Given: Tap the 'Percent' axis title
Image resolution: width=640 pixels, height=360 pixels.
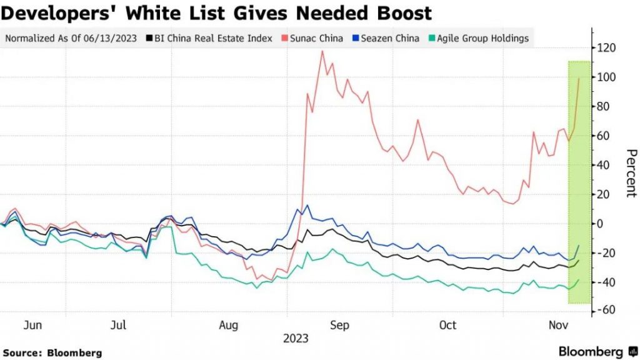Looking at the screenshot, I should tap(631, 173).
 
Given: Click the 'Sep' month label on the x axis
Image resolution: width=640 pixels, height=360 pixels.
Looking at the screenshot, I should tap(339, 326).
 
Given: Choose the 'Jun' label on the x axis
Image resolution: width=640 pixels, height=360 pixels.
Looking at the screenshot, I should tap(32, 326).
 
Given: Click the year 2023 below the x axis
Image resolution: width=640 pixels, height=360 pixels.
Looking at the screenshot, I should tap(296, 338).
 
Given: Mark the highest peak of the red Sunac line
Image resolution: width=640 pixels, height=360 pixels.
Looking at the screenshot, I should tap(322, 51).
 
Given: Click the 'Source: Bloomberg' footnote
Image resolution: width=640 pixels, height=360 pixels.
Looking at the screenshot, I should tap(52, 353).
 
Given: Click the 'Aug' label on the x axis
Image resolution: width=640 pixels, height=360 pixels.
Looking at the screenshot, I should tap(230, 326).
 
